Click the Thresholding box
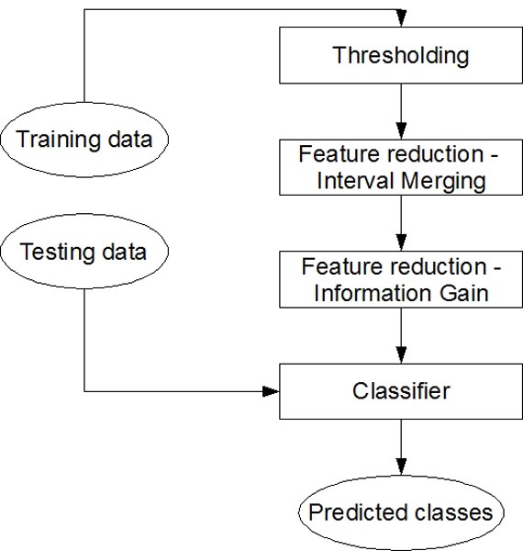(400, 56)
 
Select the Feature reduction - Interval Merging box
(400, 167)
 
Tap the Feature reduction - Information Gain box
(400, 281)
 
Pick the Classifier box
(400, 392)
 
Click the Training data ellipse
(84, 140)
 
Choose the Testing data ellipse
(83, 252)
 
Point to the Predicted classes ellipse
(400, 511)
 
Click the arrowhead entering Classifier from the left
(272, 392)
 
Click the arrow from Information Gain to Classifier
(400, 334)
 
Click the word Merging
(444, 181)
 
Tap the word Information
(372, 294)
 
